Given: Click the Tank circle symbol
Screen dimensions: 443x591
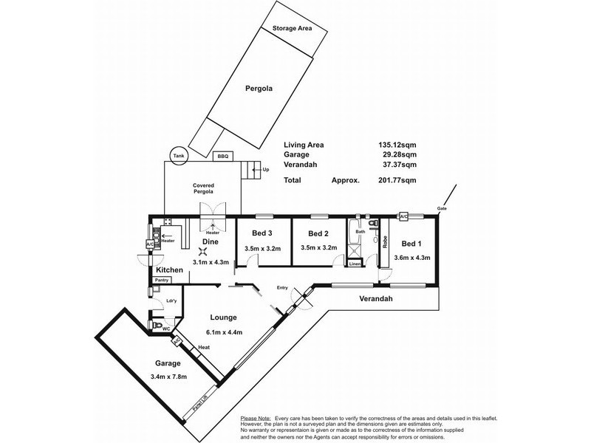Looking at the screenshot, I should pos(177,156).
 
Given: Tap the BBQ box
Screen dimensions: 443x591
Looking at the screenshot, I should pos(222,157).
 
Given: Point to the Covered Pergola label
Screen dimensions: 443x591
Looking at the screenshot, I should pos(203,188).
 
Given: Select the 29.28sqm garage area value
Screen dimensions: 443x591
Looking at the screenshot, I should pos(394,156).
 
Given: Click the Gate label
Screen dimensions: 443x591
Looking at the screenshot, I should pos(442,209).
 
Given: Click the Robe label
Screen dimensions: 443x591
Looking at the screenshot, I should pos(386,241).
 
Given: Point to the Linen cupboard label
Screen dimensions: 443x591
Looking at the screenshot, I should pos(355,264).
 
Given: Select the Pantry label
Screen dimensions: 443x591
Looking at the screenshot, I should pos(163,280).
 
